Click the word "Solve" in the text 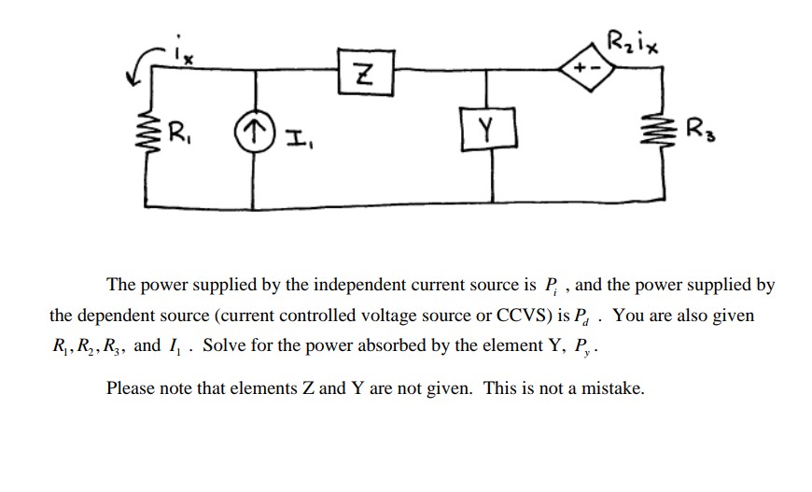point(223,345)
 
